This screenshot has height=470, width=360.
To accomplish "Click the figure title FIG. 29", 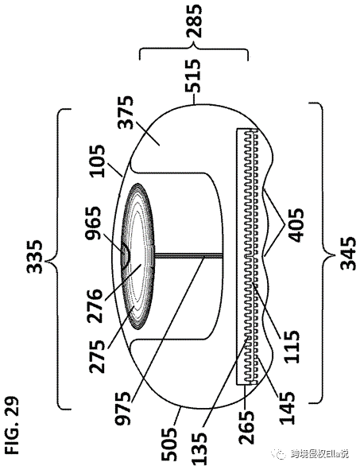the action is click(x=12, y=425).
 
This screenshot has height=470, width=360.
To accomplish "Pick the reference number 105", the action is click(x=97, y=161).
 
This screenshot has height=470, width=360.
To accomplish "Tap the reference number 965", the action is click(x=94, y=223).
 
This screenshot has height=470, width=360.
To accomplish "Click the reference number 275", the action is click(x=97, y=357).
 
